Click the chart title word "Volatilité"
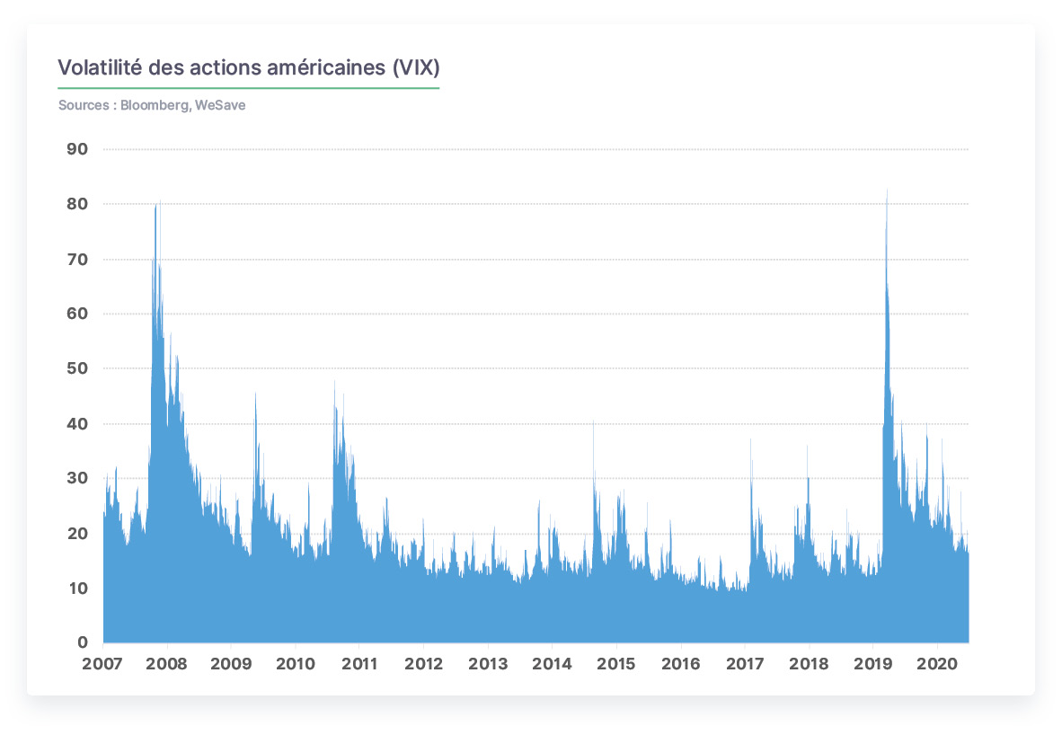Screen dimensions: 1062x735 point(100,67)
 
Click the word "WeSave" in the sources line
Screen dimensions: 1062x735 point(220,105)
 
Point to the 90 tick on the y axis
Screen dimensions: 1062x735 point(77,149)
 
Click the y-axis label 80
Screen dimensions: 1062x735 point(77,204)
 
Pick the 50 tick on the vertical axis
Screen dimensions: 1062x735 point(77,368)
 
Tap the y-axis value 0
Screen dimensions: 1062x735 point(83,642)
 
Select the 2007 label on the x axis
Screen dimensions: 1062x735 point(102,664)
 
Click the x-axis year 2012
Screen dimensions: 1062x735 point(423,664)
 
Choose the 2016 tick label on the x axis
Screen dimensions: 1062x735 point(681,664)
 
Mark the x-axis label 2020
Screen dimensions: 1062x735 point(937,664)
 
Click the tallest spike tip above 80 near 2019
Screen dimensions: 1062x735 point(888,189)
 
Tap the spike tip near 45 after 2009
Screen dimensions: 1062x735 point(255,393)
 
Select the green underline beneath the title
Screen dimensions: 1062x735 point(249,88)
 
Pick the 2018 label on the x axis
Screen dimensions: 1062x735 point(809,664)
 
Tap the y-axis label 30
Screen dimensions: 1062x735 point(77,478)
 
